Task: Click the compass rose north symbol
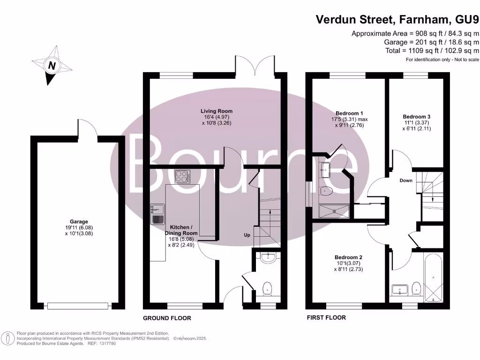point(52,66)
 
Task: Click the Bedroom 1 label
point(349,113)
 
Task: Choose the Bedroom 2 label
point(348,257)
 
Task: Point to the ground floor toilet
point(268,287)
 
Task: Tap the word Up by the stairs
point(247,235)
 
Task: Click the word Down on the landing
point(406,180)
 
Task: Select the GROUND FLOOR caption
point(167,318)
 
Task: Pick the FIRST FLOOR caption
point(326,318)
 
